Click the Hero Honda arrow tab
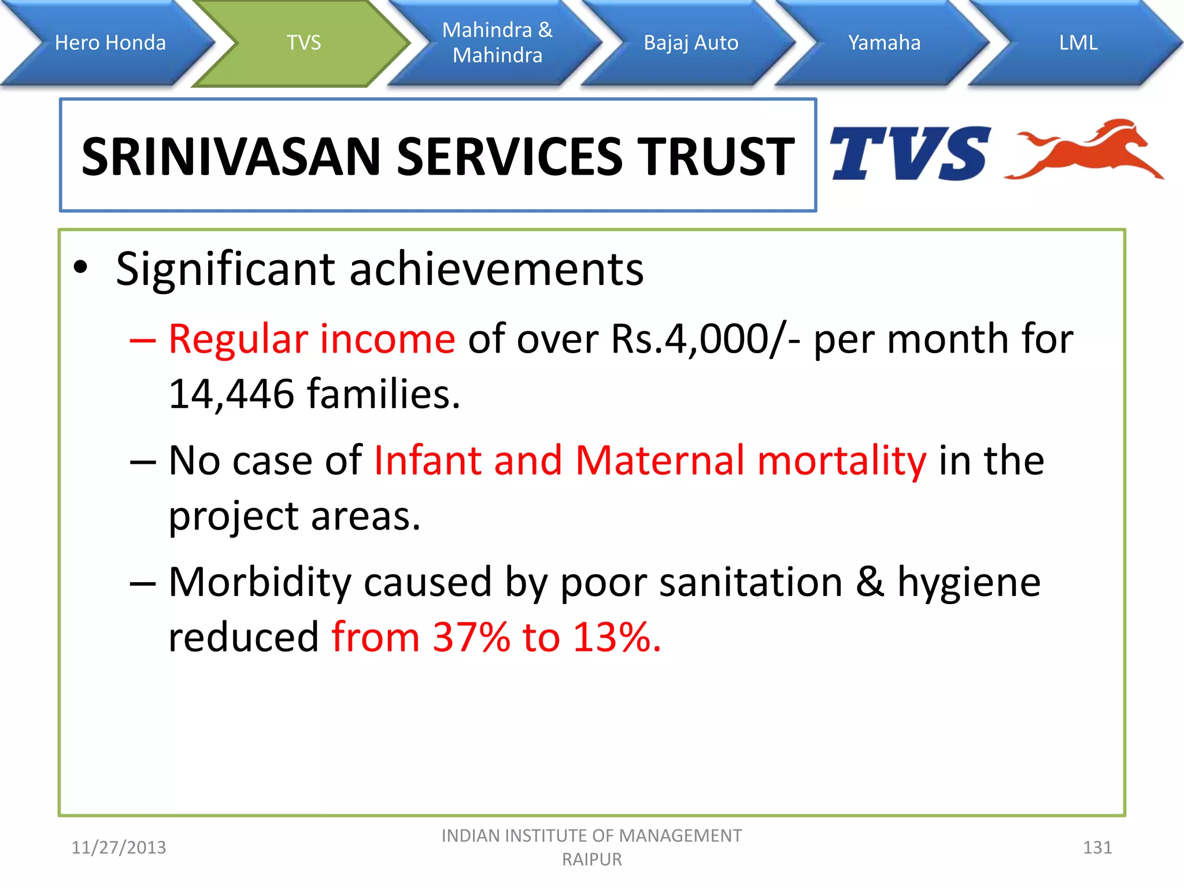click(110, 43)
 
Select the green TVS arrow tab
click(304, 43)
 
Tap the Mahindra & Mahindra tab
click(497, 43)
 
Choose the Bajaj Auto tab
click(691, 43)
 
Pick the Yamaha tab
click(884, 43)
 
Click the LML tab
click(1078, 43)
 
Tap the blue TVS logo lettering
click(908, 154)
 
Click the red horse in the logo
click(1087, 150)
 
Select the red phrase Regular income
click(312, 339)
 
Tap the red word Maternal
click(660, 461)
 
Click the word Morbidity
click(260, 582)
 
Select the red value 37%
click(471, 637)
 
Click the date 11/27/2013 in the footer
click(119, 848)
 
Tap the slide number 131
click(1097, 848)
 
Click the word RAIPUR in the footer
click(591, 860)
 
